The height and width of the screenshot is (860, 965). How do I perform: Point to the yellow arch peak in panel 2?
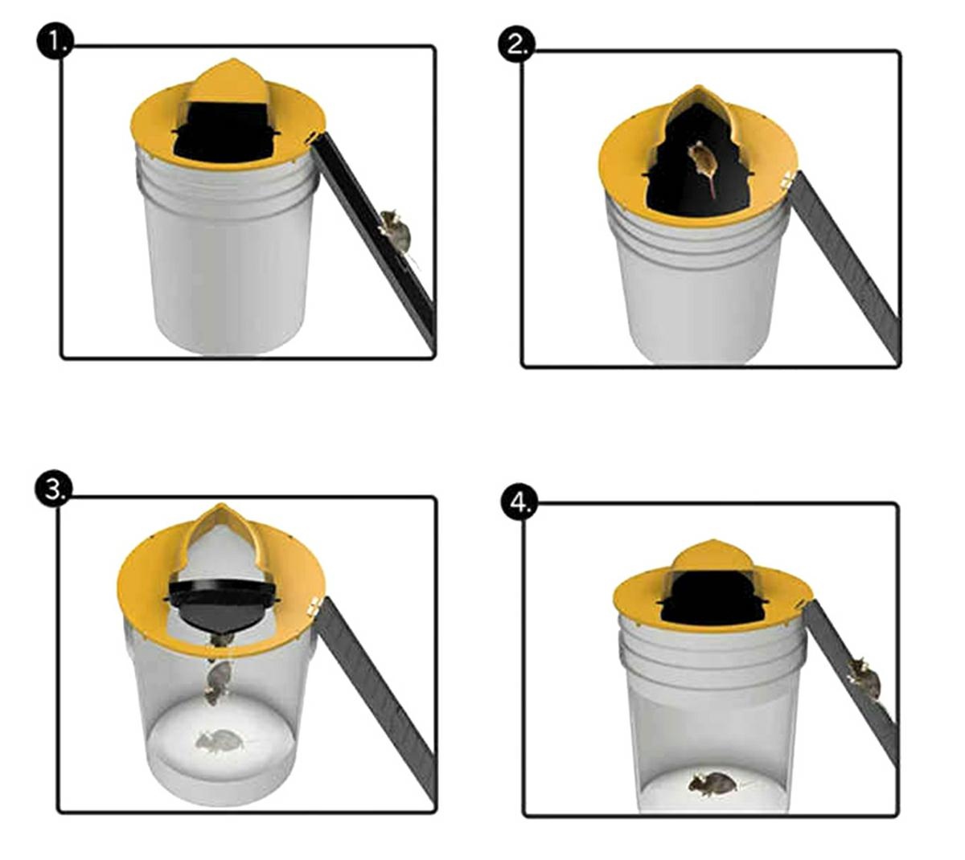point(698,102)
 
